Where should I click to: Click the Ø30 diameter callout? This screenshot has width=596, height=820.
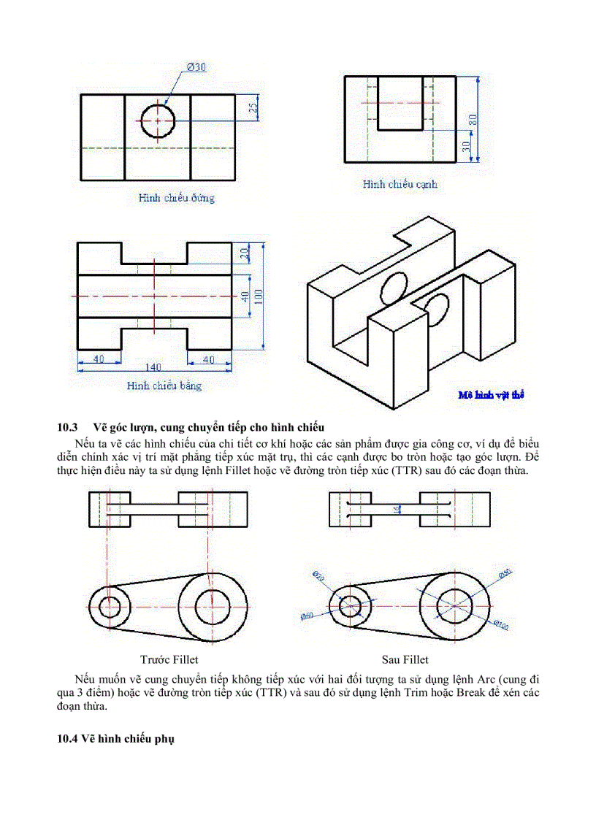point(196,67)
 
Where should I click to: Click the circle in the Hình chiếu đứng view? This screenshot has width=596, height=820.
point(157,120)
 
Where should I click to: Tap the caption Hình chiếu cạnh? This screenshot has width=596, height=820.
point(400,185)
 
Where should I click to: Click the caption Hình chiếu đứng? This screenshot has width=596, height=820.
point(176,198)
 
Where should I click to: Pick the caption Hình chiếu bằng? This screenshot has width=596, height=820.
point(164,386)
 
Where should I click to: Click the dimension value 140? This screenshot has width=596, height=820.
point(153,367)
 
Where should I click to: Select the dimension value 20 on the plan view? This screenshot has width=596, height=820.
point(245,253)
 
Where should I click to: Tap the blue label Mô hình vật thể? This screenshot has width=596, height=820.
point(491,395)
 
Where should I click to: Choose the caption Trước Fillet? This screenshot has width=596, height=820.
point(169,659)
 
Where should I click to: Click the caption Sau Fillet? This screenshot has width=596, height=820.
point(405,659)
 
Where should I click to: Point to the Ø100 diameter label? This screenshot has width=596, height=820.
point(500,625)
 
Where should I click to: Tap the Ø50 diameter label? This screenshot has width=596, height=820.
point(505,574)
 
